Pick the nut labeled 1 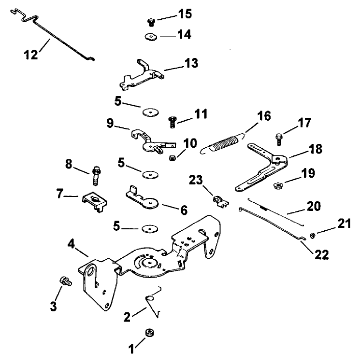(150, 333)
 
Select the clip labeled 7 (95, 200)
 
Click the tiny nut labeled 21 (312, 235)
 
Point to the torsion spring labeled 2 (155, 303)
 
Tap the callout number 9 (110, 124)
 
